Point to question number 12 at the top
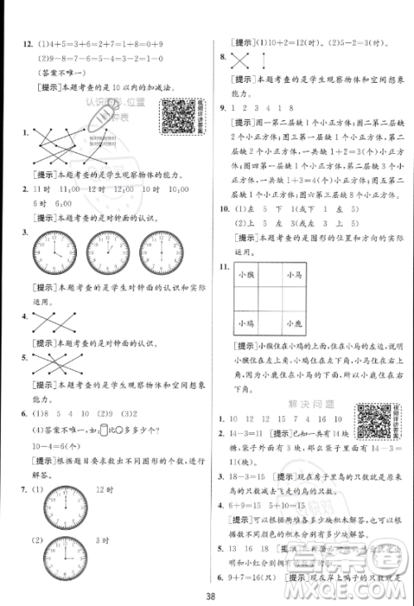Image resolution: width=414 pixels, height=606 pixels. [16, 45]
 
